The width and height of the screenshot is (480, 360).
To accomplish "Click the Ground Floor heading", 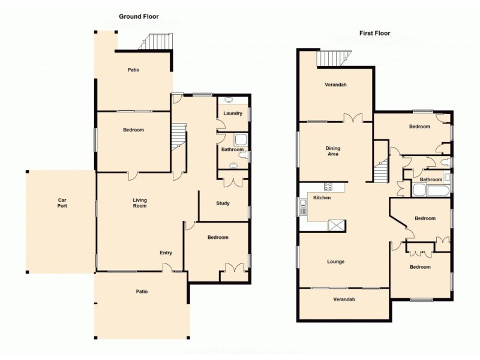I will click(139, 16).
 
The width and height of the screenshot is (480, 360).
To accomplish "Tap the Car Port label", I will click(62, 203).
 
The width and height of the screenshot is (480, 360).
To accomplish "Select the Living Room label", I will click(140, 203).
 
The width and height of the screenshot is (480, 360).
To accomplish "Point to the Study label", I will click(223, 203).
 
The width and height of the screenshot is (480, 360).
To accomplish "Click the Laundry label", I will click(232, 113).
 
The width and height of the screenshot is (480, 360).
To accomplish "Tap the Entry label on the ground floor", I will click(166, 253).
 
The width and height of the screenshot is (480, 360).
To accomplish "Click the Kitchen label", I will click(322, 197).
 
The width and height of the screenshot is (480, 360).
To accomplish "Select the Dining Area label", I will click(332, 151).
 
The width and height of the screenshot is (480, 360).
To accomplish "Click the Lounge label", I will click(335, 262).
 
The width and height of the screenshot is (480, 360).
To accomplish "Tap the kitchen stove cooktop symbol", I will click(328, 187).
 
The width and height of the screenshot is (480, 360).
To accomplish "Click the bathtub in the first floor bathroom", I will click(431, 191).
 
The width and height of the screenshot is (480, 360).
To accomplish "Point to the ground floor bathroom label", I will click(232, 149).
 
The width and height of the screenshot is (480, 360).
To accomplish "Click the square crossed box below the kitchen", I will click(337, 226).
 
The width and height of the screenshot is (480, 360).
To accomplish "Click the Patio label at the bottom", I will click(141, 292).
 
